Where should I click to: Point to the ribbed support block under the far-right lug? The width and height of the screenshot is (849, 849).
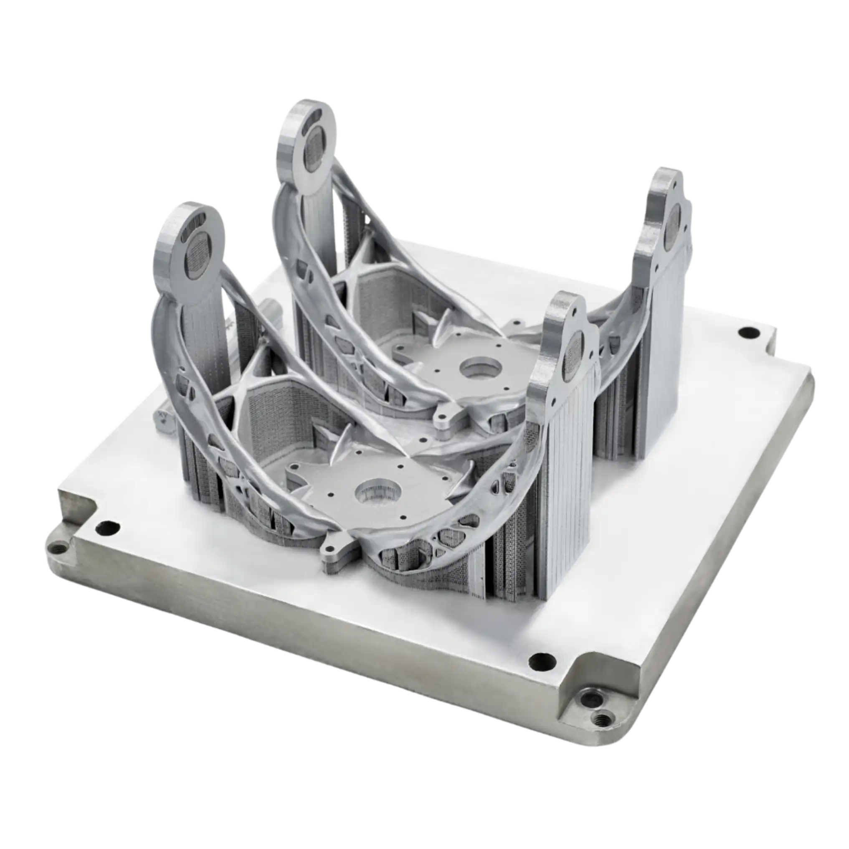point(661,352)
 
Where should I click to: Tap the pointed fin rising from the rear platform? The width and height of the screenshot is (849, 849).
point(446,323)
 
